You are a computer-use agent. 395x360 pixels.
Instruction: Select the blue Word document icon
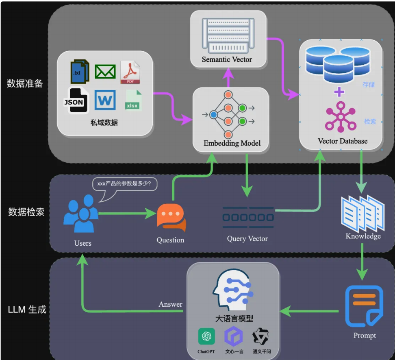105,100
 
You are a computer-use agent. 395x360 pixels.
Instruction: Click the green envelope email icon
105,72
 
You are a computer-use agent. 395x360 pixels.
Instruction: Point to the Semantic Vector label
227,59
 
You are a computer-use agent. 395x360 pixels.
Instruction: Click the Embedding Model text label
232,143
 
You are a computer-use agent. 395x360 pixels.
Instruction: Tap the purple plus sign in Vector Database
339,92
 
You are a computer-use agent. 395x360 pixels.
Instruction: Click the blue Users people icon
81,216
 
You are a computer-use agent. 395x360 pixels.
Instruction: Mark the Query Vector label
247,239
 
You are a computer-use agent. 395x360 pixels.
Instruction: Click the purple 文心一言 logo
234,336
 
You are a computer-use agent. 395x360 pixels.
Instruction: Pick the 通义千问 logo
260,336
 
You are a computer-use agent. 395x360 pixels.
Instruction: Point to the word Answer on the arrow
170,304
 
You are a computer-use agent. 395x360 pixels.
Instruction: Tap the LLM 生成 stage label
27,310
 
